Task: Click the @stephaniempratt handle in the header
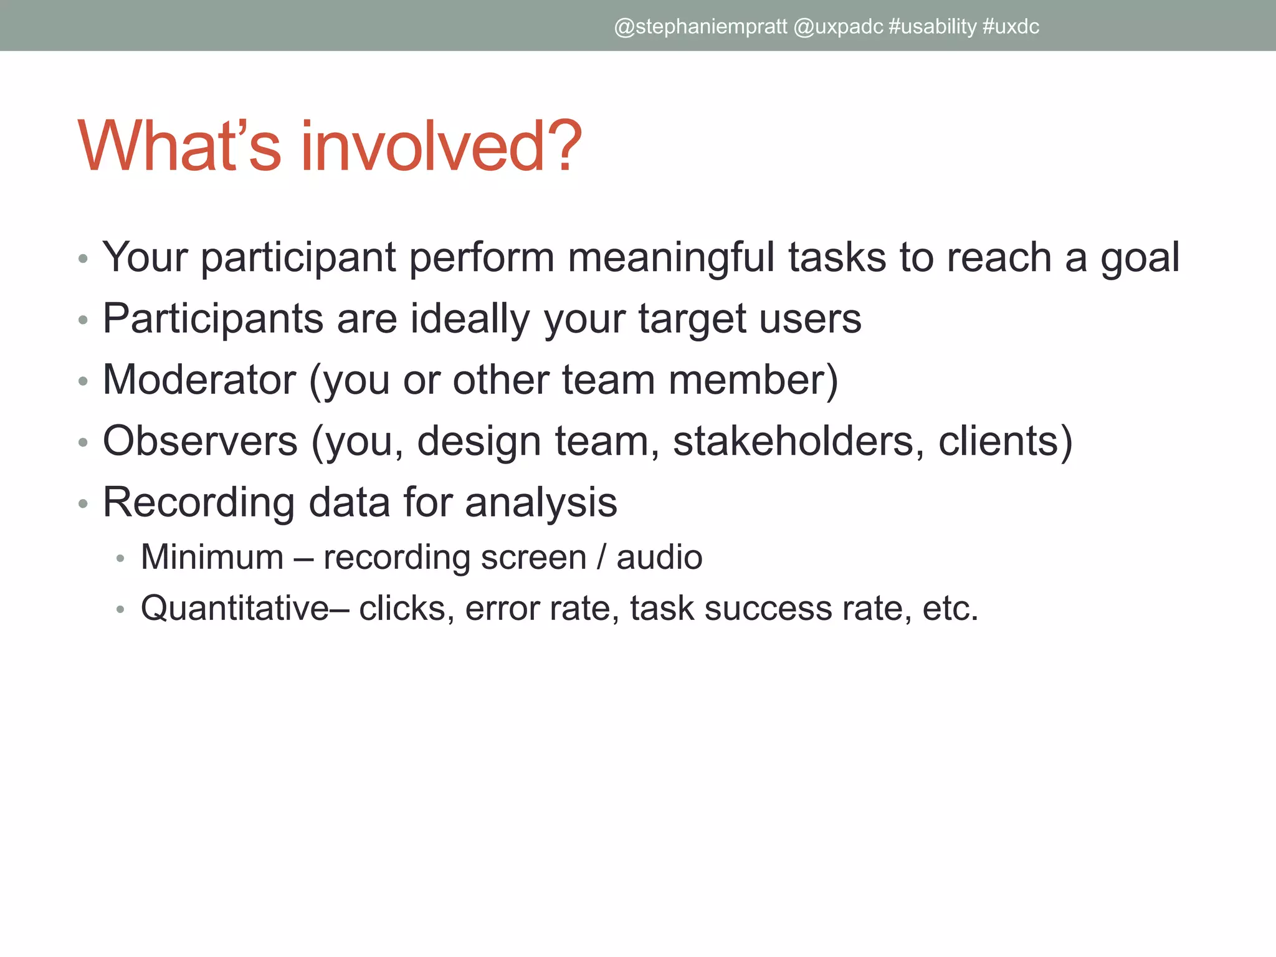[700, 27]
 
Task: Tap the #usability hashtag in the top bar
[932, 27]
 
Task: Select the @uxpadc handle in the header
[839, 27]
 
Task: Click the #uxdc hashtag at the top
[1011, 27]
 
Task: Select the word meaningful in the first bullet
[671, 257]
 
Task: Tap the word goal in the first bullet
[1140, 257]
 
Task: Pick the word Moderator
[199, 379]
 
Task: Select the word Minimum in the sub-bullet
[212, 557]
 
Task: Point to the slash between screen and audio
[601, 557]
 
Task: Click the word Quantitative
[235, 608]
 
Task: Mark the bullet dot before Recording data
[83, 503]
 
